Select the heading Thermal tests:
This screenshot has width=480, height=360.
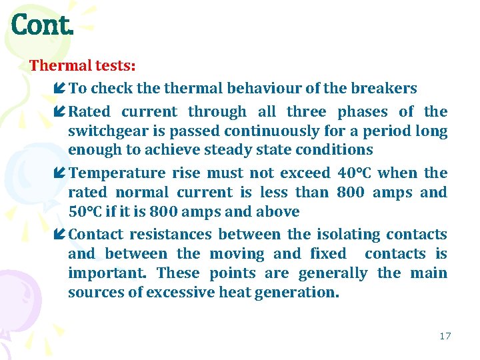tap(83, 66)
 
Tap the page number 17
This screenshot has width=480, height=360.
tap(445, 336)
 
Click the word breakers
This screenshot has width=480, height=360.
tap(384, 89)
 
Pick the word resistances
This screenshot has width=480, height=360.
tap(170, 235)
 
